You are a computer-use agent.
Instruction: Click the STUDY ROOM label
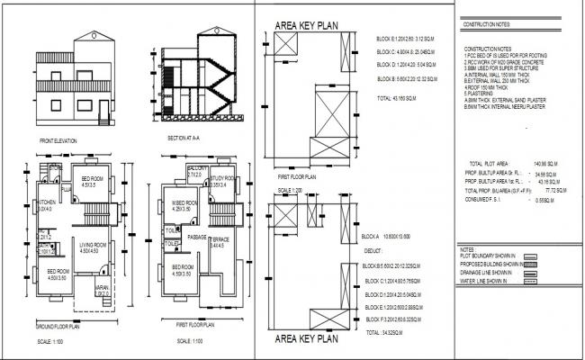coord(222,180)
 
